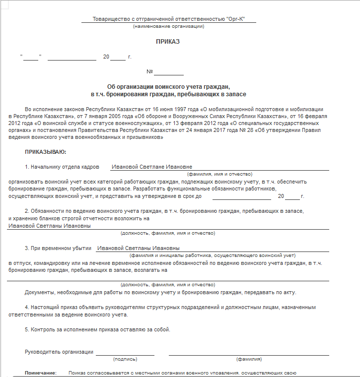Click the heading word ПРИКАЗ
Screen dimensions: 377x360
click(x=168, y=42)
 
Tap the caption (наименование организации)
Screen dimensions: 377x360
click(x=168, y=26)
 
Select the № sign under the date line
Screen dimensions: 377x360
click(x=149, y=71)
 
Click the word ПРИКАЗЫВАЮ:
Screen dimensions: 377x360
click(x=45, y=152)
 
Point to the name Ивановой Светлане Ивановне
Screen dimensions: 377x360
click(x=151, y=167)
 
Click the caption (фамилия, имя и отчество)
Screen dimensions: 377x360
click(x=219, y=174)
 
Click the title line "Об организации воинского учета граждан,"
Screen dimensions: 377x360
click(x=168, y=86)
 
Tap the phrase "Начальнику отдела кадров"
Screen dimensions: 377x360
click(x=65, y=167)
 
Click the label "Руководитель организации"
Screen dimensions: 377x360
click(x=59, y=352)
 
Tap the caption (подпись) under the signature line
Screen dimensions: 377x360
click(x=125, y=359)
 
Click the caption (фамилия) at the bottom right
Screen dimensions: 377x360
click(x=249, y=359)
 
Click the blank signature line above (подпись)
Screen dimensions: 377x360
click(x=125, y=353)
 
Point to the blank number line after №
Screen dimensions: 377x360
click(x=169, y=73)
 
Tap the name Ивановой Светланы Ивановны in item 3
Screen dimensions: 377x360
click(x=138, y=248)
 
